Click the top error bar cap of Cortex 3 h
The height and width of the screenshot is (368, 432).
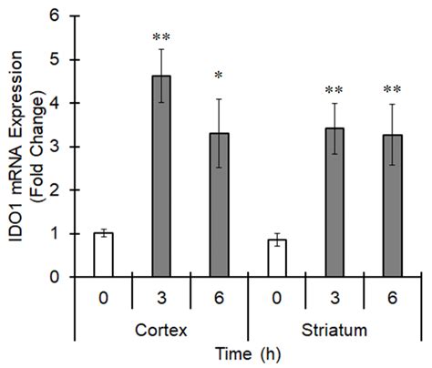161,49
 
